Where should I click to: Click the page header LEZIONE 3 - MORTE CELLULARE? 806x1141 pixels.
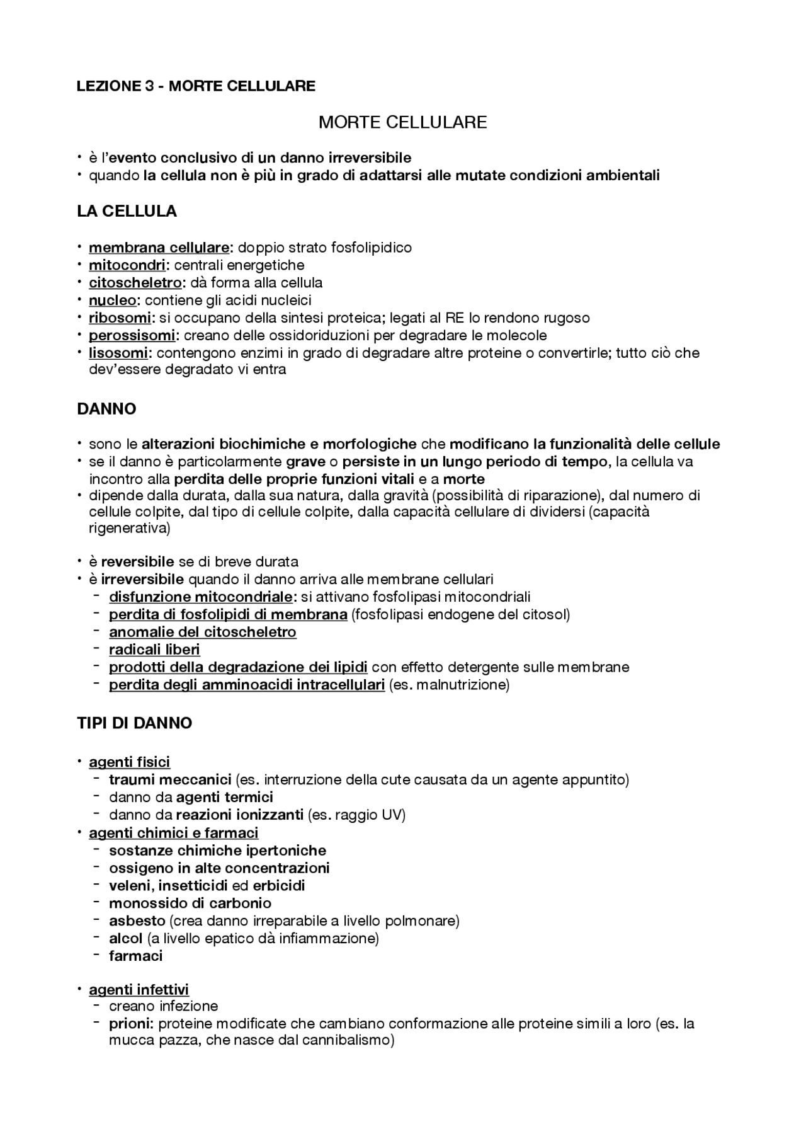tap(196, 86)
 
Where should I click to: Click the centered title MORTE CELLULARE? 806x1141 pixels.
tap(402, 122)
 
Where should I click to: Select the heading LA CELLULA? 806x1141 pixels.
tap(127, 212)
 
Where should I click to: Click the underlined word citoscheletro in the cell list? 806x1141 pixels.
tap(135, 283)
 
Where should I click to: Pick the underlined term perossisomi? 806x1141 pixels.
tap(132, 336)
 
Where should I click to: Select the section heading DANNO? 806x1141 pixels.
tap(106, 410)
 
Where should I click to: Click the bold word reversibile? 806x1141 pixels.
tap(137, 562)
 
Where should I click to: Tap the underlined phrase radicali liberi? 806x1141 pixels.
tap(154, 650)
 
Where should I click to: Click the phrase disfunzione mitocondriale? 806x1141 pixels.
tap(201, 597)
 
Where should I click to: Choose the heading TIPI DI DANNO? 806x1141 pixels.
tap(134, 723)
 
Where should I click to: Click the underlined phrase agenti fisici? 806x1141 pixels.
tap(129, 762)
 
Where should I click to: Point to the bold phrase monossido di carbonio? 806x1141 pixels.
tap(190, 903)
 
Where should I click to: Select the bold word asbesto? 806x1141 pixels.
tap(137, 921)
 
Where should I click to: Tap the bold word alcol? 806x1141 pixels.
tap(125, 939)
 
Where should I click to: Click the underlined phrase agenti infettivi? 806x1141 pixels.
tap(139, 990)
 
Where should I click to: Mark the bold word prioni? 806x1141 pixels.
tap(130, 1024)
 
